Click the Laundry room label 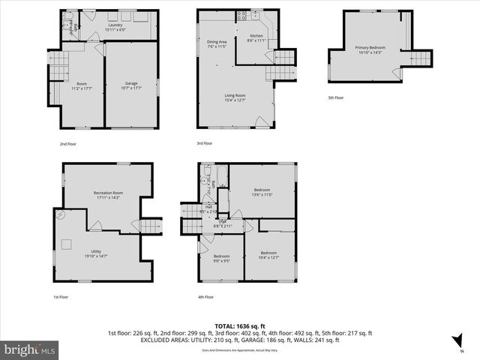pos(115,27)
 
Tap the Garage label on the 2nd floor pos(131,85)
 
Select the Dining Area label pos(217,43)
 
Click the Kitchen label pos(256,38)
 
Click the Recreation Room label pos(108,195)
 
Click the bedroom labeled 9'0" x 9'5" pos(221,259)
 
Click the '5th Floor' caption pos(336,97)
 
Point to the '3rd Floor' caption pos(205,142)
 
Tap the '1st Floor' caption pos(61,297)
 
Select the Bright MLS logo pos(30,349)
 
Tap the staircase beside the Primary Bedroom pos(421,58)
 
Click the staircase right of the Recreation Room pos(152,226)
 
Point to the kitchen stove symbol pos(243,16)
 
